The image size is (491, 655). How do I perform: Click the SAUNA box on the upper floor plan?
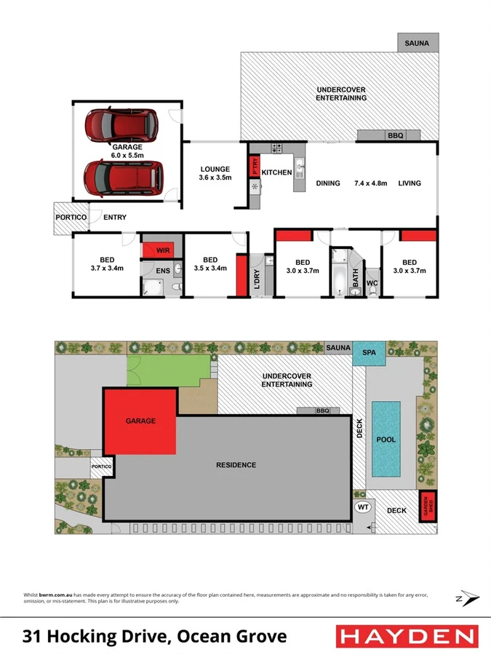click(418, 43)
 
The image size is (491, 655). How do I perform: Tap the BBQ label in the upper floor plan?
click(394, 135)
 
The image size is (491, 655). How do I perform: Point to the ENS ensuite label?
click(163, 271)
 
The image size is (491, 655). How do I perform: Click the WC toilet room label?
click(371, 282)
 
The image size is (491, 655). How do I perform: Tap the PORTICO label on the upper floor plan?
click(71, 218)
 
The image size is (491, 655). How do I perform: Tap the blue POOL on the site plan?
click(386, 440)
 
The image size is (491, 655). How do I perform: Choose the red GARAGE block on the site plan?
click(140, 421)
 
